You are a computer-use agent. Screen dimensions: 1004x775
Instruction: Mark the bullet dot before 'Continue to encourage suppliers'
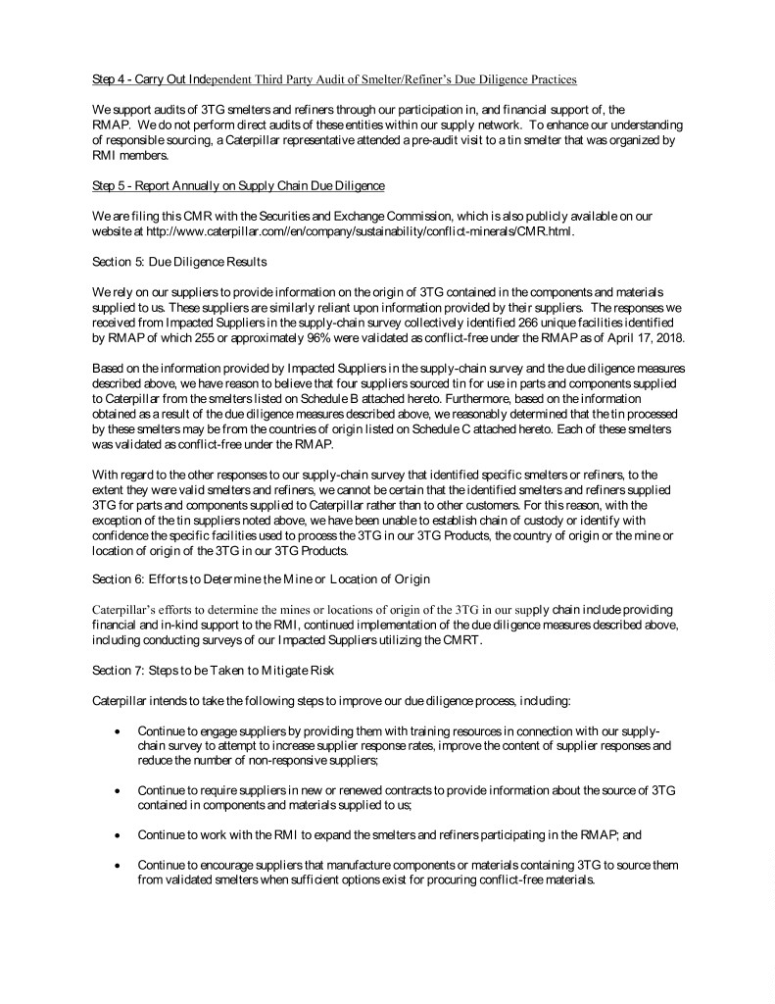(118, 866)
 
